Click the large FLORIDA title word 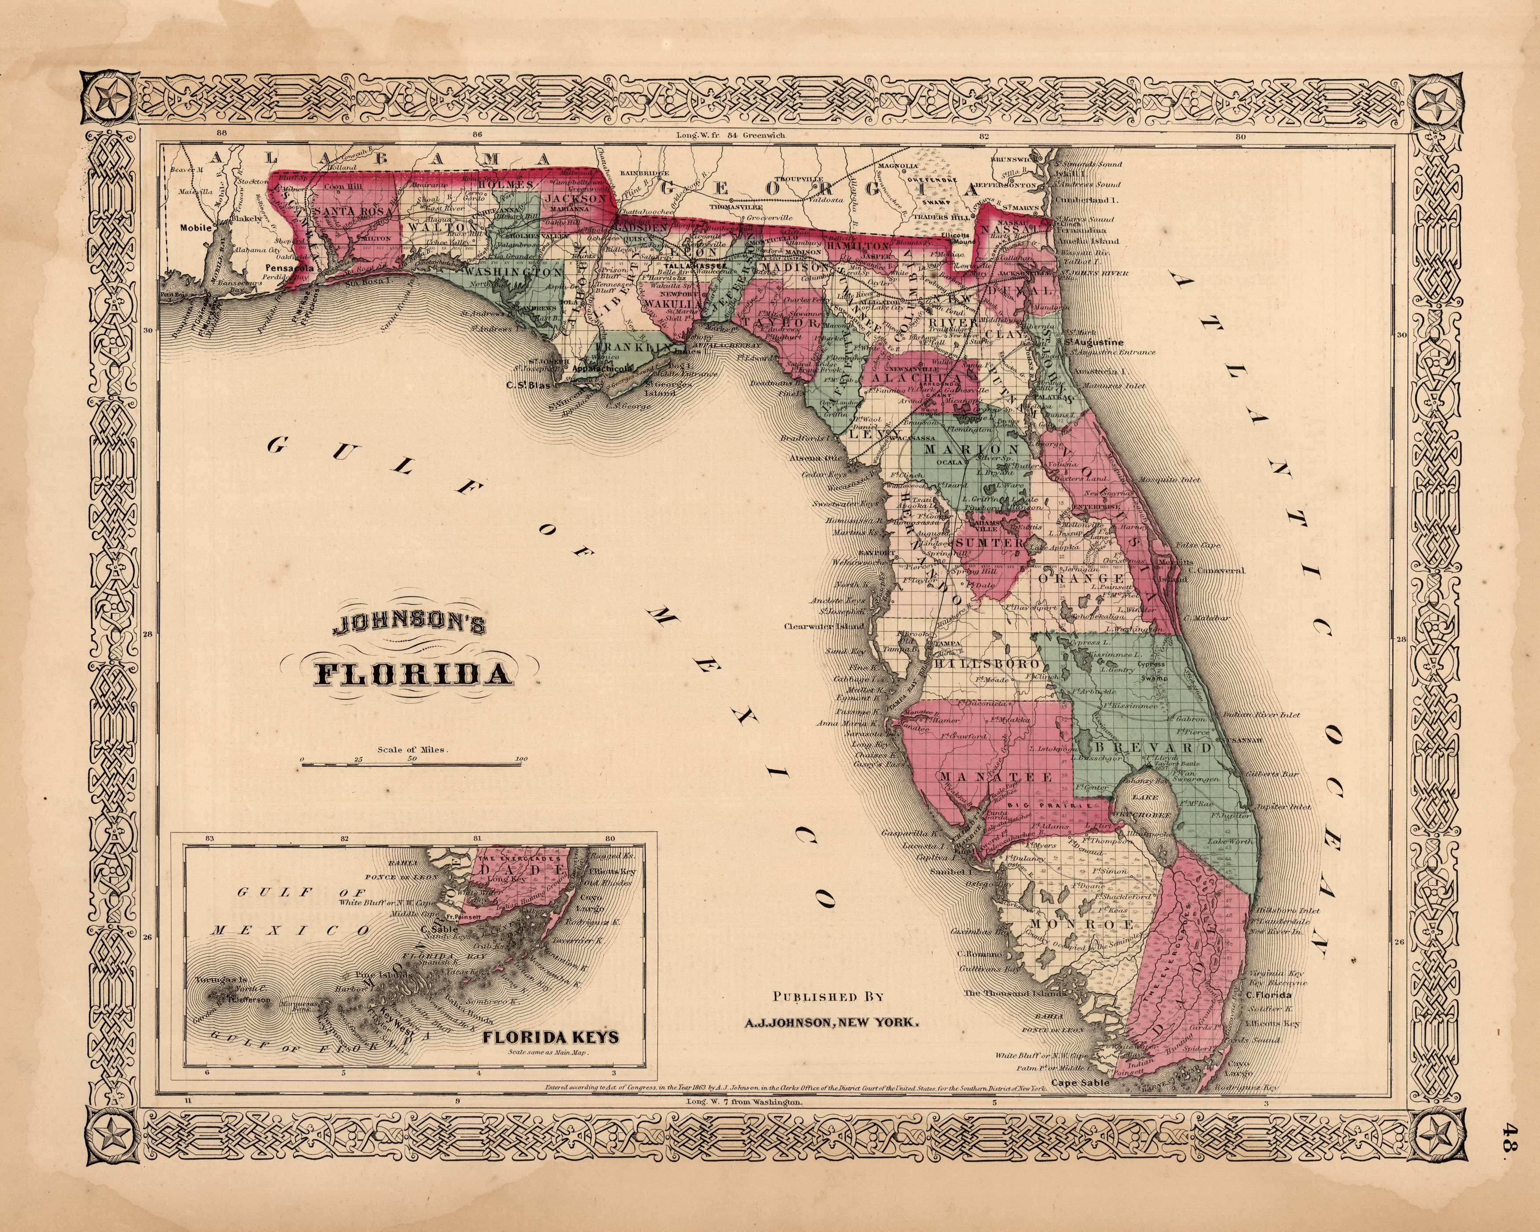414,674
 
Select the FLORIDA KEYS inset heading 551,1036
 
